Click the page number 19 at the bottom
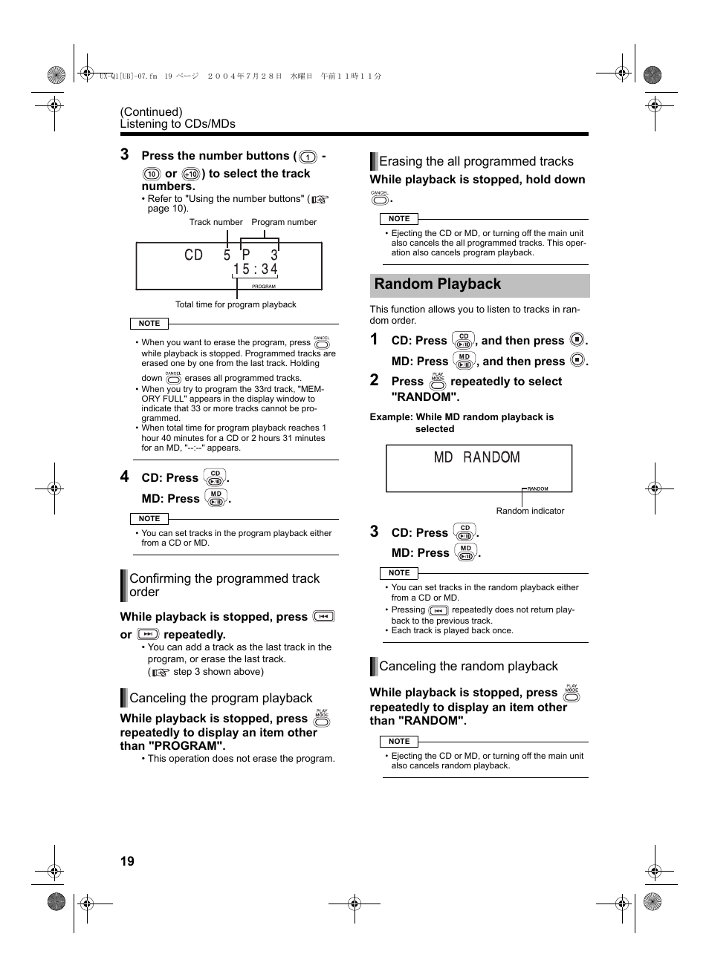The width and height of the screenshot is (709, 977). [127, 861]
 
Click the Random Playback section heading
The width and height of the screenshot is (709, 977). [438, 284]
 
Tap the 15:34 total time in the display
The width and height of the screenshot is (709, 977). [255, 269]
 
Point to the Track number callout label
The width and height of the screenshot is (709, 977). [216, 222]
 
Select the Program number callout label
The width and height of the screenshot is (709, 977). [284, 222]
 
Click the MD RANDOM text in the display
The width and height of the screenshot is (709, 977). [476, 457]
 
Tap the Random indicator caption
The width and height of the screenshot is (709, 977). [530, 511]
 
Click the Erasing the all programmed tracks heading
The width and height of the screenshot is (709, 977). [476, 162]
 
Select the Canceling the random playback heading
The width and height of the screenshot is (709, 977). [468, 667]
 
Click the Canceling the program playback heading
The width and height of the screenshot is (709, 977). [221, 699]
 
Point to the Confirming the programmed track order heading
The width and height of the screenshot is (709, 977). [224, 585]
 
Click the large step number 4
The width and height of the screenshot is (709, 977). [125, 477]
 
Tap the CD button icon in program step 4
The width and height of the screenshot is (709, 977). [215, 477]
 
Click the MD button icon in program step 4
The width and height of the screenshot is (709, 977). [216, 498]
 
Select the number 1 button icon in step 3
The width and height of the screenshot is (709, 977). [308, 157]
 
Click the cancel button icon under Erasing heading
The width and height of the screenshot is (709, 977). [380, 198]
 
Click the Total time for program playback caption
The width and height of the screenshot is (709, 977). [236, 304]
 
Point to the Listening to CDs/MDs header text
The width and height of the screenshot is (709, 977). [178, 124]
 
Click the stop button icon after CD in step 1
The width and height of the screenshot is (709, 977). [577, 340]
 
